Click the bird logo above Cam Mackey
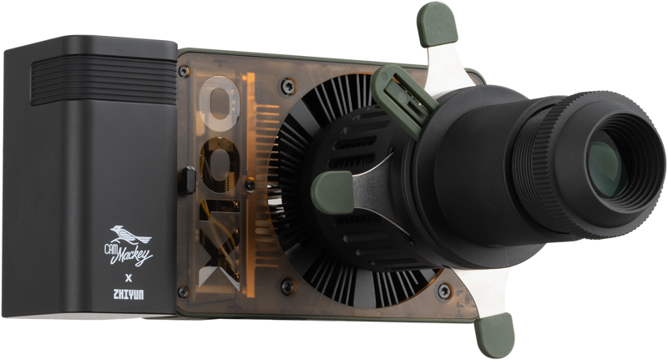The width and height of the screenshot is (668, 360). point(129,235)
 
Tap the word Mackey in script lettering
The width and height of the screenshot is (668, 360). point(134,255)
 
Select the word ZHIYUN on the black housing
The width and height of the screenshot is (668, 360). point(129,294)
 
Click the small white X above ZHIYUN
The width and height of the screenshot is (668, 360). point(129,279)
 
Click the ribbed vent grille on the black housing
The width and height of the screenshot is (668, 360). point(104,80)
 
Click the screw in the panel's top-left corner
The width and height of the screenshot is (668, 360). point(184,71)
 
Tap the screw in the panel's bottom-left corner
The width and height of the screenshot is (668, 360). point(183,292)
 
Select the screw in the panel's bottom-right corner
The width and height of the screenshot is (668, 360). point(444,291)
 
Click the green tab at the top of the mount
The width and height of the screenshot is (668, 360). point(437,24)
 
